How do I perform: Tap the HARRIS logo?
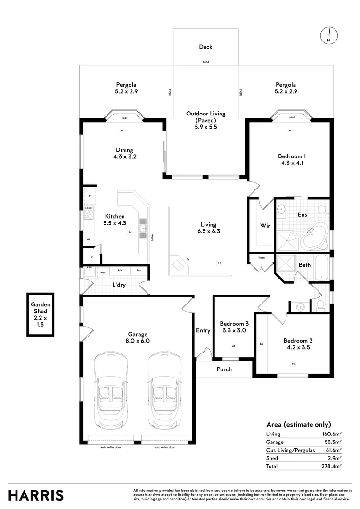[36, 495]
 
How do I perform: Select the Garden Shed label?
[41, 305]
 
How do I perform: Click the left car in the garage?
[111, 390]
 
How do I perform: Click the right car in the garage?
[165, 390]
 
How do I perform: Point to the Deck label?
[205, 47]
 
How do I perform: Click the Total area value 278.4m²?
[332, 466]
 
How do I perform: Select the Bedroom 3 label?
[234, 324]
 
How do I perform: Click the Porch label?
[224, 369]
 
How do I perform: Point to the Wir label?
[265, 226]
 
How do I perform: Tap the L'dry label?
[118, 286]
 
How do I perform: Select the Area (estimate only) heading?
[299, 424]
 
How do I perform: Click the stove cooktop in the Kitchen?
[89, 214]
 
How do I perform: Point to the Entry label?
[203, 330]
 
